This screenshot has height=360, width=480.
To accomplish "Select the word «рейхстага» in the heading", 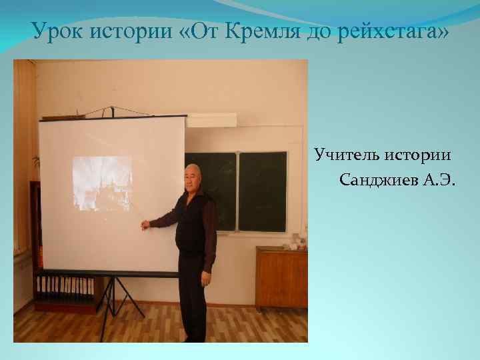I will pos(390,31).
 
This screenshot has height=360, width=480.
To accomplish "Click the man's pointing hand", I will pos(145,225).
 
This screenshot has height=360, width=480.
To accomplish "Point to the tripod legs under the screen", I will pos(123,297).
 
